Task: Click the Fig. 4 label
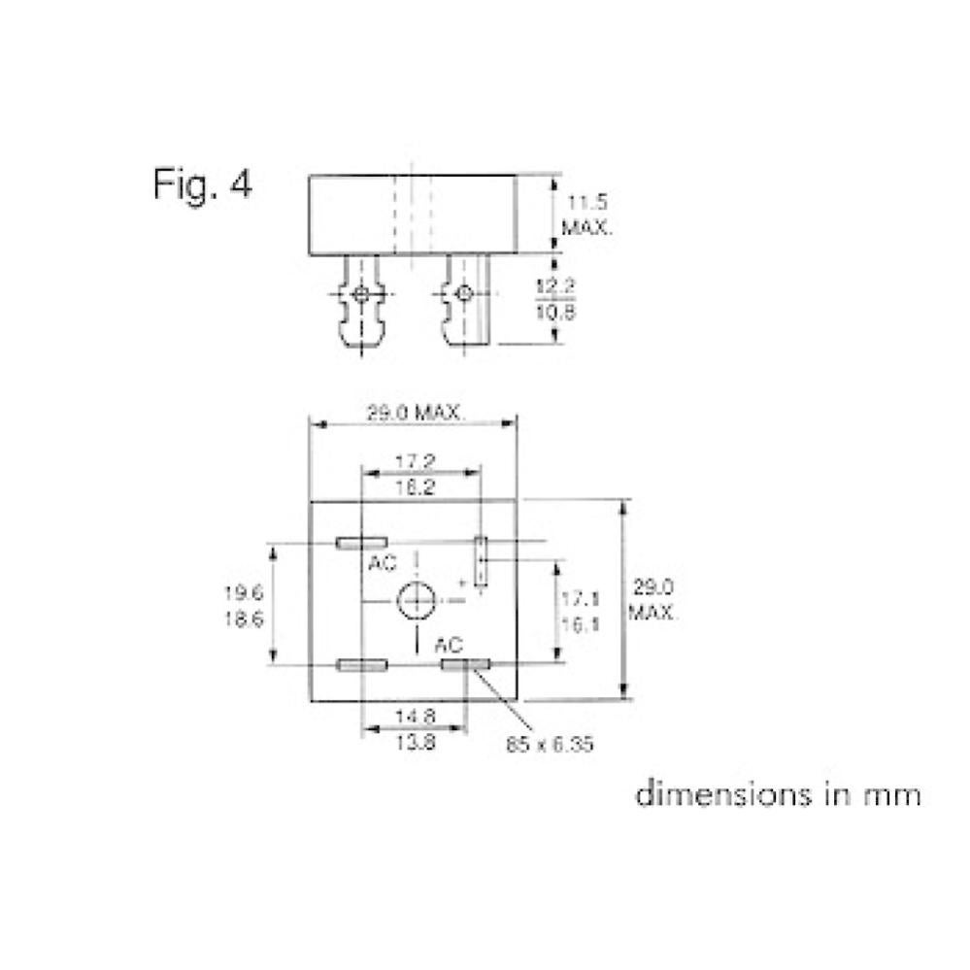coord(202,184)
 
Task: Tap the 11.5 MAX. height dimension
coord(586,216)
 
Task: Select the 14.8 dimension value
coord(415,717)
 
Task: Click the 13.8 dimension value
coord(415,742)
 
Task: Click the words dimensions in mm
coord(777,794)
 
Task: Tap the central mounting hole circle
coord(417,602)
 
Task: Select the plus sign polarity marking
coord(461,583)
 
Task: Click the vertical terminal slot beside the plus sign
coord(480,560)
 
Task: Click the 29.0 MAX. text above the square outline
coord(415,414)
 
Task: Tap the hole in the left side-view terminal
coord(361,293)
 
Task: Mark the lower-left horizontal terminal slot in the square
coord(361,665)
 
